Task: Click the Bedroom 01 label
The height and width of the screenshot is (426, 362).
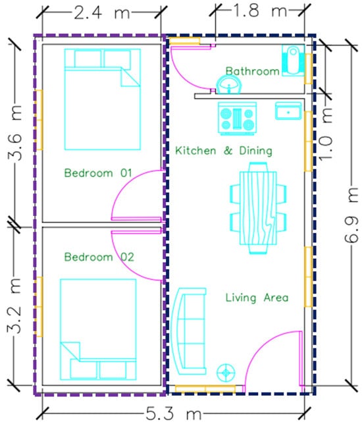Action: pos(98,173)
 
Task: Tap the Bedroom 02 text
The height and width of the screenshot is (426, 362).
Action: pos(99,257)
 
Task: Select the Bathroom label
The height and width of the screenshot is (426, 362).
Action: pos(253,71)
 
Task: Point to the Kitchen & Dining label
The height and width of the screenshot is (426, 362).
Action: pos(224,151)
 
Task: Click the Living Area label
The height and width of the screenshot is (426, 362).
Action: pos(257,298)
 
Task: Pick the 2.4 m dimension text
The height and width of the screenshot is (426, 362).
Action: pos(102,13)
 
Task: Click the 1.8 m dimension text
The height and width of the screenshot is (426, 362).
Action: pos(259,11)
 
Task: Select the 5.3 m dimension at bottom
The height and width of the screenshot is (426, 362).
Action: pos(174,413)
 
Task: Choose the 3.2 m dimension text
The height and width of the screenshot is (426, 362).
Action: pos(14,306)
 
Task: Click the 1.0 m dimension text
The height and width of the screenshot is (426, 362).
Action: pos(325,134)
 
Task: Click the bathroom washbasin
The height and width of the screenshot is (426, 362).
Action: pos(228,85)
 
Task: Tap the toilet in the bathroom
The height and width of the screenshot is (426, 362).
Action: pos(293,61)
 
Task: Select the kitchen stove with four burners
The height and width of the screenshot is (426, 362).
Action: pos(238,119)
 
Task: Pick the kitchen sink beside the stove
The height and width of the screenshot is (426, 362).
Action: pos(288,111)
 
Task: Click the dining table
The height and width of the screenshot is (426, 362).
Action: pos(258,208)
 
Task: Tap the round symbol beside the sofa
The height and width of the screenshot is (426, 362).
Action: pos(226,373)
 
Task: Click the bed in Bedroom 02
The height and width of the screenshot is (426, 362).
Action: pos(98,329)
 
